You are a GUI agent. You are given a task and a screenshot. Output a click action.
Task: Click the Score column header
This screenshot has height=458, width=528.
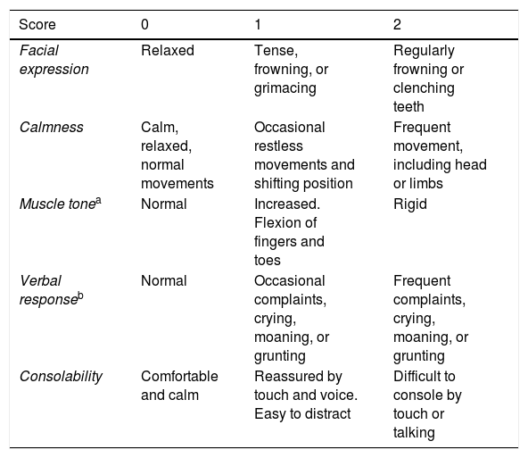point(37,25)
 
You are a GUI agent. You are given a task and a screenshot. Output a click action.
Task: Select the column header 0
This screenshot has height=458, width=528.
point(144,25)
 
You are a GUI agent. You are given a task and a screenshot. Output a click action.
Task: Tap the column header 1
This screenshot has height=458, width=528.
point(258,25)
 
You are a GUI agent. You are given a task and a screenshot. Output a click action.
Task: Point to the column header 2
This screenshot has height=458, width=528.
point(397,25)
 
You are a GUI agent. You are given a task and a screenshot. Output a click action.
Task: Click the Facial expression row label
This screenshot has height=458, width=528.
point(54,60)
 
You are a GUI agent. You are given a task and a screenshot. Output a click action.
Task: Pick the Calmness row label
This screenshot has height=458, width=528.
point(51,128)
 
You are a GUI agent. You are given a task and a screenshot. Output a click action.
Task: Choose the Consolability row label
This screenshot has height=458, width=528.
point(61,377)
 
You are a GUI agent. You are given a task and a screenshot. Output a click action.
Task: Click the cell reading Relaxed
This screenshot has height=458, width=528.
point(168,51)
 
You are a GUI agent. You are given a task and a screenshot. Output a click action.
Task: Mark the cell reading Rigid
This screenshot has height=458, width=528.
point(410,204)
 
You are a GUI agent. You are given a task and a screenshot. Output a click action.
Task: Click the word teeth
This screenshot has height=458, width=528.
point(408,107)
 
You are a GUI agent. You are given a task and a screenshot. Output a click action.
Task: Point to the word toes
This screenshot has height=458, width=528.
point(268,261)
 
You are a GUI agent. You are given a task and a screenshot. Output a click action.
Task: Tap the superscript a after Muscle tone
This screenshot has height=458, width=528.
point(98,201)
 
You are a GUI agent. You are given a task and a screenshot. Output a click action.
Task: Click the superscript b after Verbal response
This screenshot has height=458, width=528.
point(81,296)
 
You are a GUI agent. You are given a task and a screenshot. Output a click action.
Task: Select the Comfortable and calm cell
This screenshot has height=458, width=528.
point(179,386)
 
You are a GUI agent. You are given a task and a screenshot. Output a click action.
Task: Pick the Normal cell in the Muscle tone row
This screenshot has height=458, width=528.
point(163,204)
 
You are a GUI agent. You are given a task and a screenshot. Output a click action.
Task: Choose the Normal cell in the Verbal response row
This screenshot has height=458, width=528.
point(163,281)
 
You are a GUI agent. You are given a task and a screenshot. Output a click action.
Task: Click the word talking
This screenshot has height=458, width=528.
point(414,433)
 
